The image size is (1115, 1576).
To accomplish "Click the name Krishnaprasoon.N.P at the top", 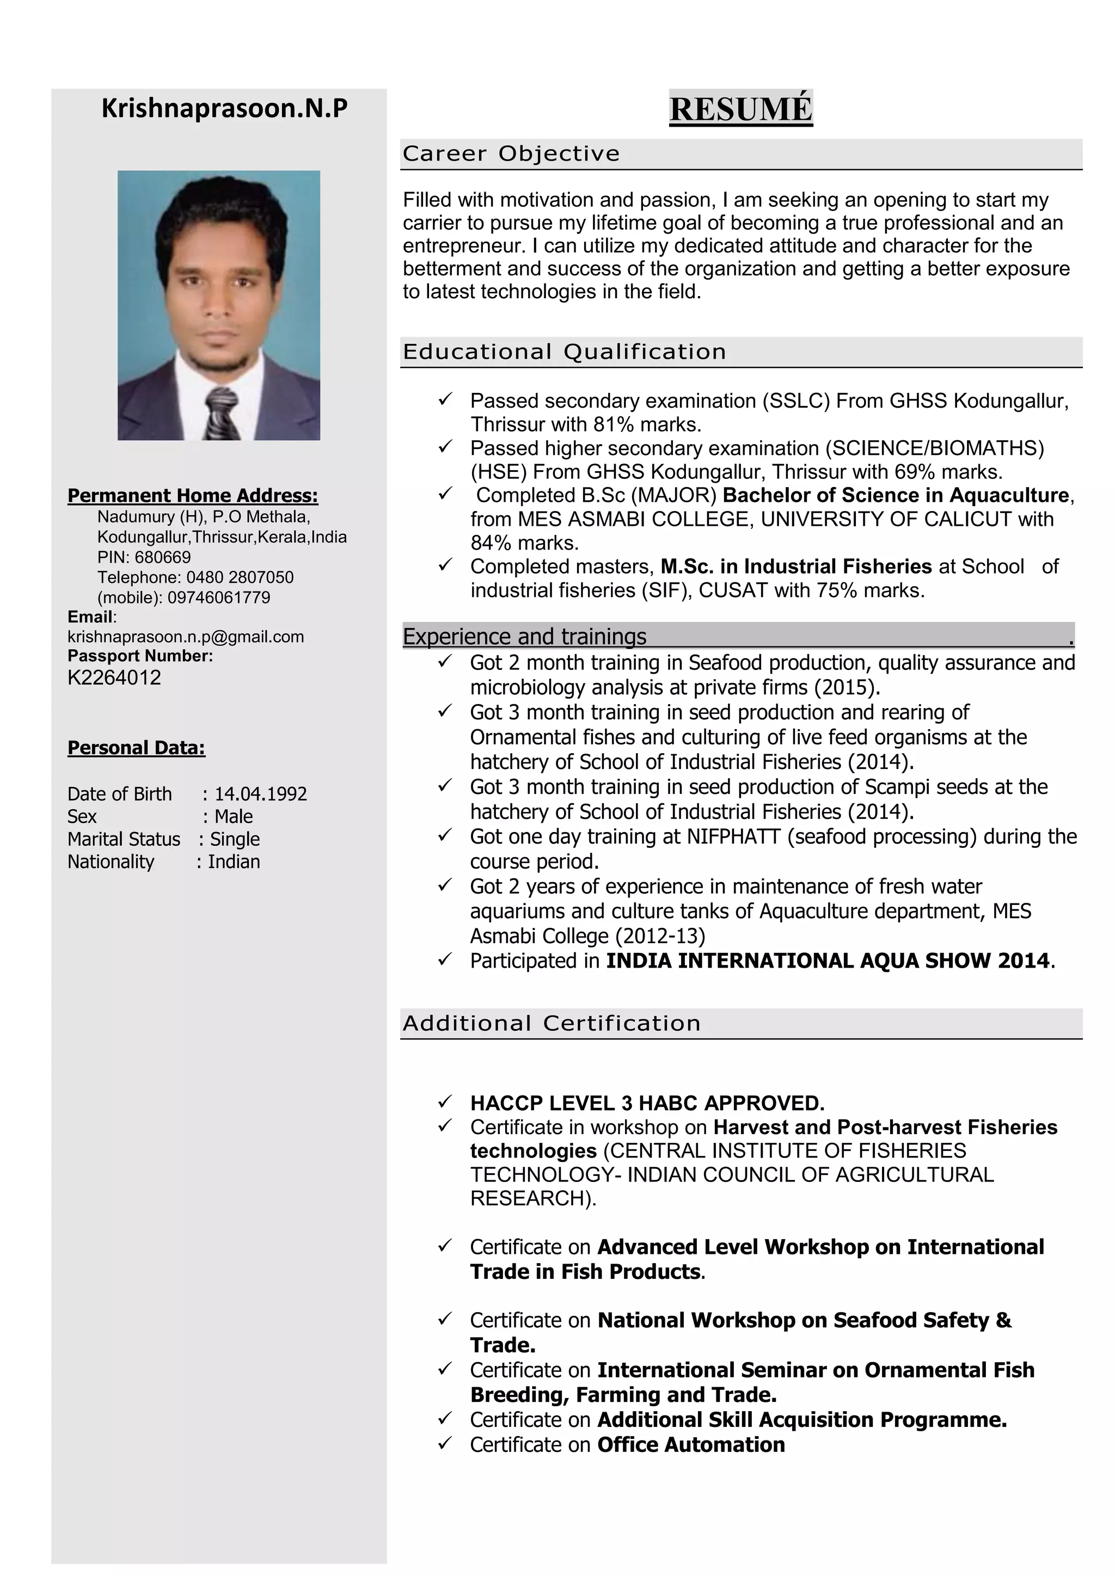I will point(224,108).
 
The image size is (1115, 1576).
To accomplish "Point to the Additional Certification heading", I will point(552,1024).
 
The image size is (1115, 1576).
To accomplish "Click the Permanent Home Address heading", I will point(192,496).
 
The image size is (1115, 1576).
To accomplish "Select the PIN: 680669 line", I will point(144,557).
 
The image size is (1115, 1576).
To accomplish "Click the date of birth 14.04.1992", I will point(260,794).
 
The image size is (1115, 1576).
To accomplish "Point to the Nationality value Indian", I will point(234,861).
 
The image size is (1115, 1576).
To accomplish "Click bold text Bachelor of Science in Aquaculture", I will point(895,496).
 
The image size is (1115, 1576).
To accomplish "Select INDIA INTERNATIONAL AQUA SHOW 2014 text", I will point(828,961).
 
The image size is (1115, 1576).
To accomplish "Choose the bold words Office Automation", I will point(691,1444).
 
